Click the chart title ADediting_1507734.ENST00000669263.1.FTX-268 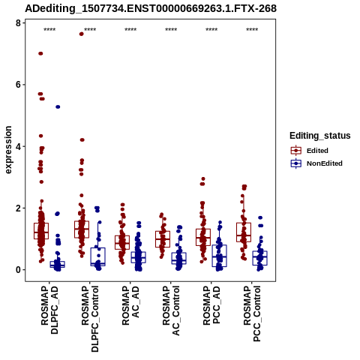click(151, 8)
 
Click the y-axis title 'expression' click(8, 150)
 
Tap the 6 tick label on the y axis click(18, 85)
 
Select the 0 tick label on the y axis click(18, 270)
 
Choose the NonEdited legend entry click(316, 163)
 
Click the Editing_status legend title click(320, 136)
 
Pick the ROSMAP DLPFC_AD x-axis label click(49, 310)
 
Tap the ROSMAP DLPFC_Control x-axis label click(90, 319)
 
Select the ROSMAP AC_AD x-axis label click(130, 305)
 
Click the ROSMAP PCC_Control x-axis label click(252, 313)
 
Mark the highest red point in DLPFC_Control click(81, 34)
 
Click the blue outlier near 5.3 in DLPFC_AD click(58, 106)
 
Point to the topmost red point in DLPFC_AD click(40, 53)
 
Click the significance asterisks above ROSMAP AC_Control click(171, 30)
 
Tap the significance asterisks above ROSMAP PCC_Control click(252, 30)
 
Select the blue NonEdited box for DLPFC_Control click(97, 256)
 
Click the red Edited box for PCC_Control click(244, 232)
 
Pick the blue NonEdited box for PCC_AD click(219, 256)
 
